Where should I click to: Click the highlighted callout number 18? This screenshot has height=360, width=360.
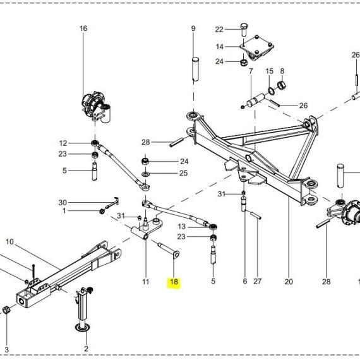point(174,282)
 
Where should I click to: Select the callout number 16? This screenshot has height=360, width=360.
point(83,28)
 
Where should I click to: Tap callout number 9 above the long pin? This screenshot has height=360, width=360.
point(193,28)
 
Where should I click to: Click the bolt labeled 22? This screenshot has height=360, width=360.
point(244,30)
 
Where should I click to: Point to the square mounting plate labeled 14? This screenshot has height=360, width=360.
point(256,47)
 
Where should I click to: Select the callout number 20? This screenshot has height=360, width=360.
point(289,282)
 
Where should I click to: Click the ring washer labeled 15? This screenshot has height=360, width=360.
point(271,90)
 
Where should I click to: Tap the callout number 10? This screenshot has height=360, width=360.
point(9,241)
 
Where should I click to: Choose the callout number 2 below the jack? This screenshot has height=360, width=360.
point(86,349)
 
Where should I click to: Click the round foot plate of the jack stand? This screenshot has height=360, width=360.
point(83,328)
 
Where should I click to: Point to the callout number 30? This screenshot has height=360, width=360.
point(63,203)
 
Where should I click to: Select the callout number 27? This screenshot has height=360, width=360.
point(258,282)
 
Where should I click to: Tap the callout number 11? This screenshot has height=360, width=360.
point(146,282)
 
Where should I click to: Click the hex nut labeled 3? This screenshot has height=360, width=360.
point(6,310)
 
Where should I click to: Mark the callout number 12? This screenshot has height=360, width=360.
point(63,143)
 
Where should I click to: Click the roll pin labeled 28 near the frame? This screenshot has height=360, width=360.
point(176,142)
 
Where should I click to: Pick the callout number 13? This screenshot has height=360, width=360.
point(182,227)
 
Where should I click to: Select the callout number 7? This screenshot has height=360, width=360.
point(251,71)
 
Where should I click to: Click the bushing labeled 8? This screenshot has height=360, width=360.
point(282,85)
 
